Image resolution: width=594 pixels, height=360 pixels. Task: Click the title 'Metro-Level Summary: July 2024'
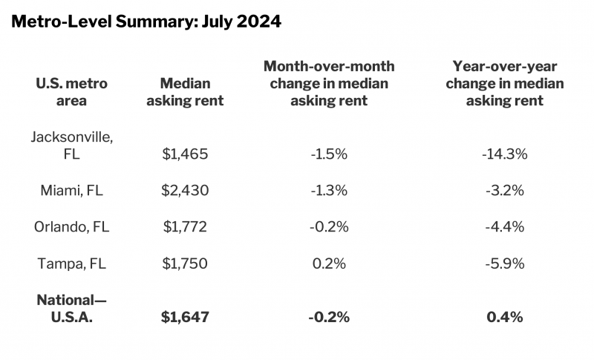146,22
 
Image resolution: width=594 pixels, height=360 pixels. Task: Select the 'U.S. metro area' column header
71,92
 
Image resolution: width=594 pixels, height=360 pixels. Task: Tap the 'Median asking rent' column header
185,92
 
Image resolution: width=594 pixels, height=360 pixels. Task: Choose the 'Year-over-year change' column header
504,84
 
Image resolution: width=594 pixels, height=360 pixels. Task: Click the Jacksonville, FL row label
71,145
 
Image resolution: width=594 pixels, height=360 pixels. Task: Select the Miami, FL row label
71,190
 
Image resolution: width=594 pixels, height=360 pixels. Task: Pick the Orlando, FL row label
71,226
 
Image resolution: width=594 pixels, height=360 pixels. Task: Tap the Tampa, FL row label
71,263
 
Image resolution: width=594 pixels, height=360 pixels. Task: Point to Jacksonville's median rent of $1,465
185,154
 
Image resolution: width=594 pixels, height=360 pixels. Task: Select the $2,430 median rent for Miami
185,190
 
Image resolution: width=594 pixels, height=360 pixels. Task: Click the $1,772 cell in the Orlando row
185,226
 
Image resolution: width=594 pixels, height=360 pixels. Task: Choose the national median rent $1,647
185,317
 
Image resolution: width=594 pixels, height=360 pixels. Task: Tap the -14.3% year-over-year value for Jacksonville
504,154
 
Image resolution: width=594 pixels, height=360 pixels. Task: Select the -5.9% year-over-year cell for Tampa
504,263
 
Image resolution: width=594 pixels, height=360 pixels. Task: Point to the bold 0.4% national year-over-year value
504,317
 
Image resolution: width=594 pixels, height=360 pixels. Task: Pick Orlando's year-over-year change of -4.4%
504,226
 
